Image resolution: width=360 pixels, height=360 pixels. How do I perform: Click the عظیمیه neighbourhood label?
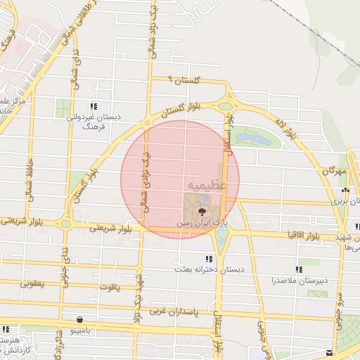point(207,184)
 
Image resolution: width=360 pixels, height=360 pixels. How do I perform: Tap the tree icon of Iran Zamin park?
point(202,210)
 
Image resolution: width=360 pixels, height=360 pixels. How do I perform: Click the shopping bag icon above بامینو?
point(86,318)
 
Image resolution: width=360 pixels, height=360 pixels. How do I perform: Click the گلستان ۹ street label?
point(186,82)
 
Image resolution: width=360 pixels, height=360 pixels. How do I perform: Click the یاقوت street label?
point(111,287)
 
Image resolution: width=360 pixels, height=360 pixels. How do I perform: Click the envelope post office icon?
point(329,352)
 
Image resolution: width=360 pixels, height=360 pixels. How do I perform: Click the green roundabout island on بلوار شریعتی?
point(65,224)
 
